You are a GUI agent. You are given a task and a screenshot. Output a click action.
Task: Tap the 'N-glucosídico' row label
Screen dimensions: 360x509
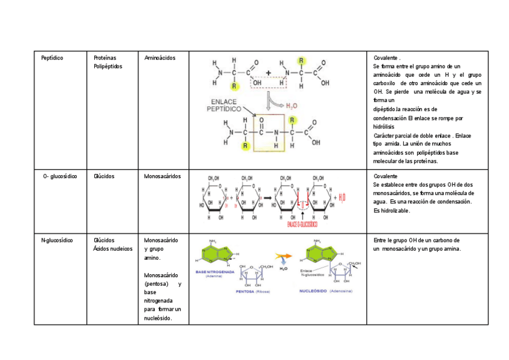click(57, 240)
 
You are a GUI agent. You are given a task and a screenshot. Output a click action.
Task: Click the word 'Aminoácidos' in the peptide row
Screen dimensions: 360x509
click(160, 58)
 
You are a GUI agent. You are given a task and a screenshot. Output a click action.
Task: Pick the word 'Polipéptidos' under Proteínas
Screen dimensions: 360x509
click(108, 66)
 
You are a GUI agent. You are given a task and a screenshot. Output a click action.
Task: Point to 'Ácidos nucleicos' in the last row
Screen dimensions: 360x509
click(113, 248)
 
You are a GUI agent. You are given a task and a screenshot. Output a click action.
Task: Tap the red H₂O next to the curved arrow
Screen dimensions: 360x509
click(291, 106)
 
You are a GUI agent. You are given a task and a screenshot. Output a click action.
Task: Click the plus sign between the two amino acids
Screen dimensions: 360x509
click(268, 73)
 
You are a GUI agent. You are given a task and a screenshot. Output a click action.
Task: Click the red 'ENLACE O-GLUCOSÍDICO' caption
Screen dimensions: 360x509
click(303, 224)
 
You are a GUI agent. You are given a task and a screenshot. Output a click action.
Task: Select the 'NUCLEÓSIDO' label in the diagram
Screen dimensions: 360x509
click(314, 291)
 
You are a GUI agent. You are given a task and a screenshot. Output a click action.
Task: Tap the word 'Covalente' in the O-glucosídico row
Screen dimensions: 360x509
click(385, 176)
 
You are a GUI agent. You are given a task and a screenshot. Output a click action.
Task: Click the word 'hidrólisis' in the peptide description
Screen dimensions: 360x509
click(384, 127)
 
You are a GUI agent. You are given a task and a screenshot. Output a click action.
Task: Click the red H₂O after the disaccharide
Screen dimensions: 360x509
click(342, 197)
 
